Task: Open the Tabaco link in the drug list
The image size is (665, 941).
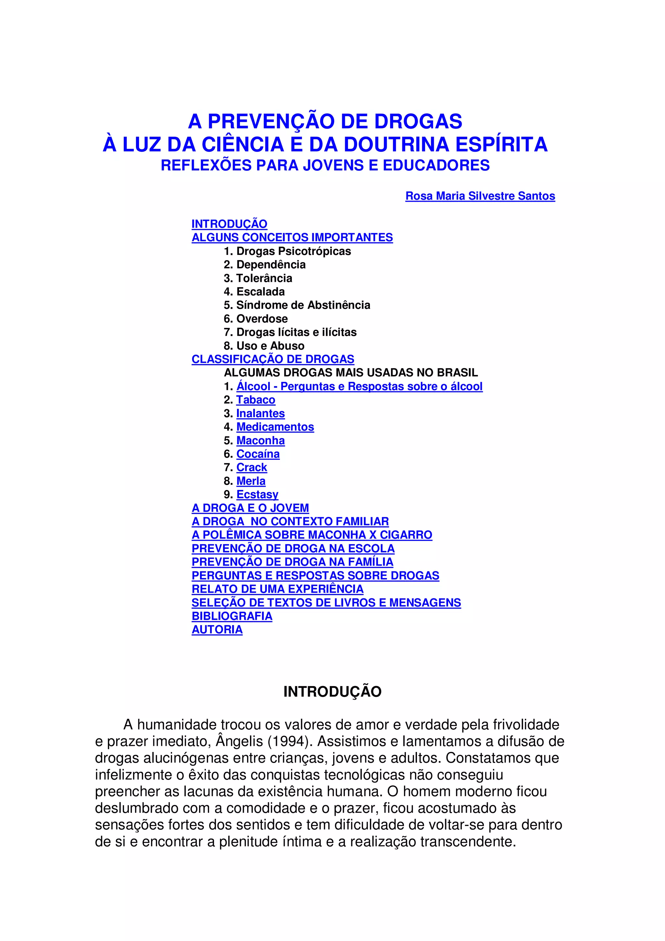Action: click(256, 400)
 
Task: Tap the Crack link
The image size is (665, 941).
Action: click(252, 468)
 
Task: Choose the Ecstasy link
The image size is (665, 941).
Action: click(257, 495)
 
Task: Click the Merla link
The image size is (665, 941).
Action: click(251, 481)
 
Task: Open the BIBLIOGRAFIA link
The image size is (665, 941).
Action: click(232, 616)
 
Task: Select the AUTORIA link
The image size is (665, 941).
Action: click(217, 630)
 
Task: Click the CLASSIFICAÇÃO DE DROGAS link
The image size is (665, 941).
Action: click(273, 359)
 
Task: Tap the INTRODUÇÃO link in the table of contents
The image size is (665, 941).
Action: click(230, 224)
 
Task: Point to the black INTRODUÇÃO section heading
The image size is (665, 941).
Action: click(332, 692)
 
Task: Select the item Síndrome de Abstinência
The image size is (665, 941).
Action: click(303, 305)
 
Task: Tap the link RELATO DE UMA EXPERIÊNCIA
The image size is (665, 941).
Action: click(277, 589)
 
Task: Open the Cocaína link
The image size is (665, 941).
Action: click(258, 454)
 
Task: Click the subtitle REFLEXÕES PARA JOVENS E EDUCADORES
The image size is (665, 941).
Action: click(325, 165)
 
